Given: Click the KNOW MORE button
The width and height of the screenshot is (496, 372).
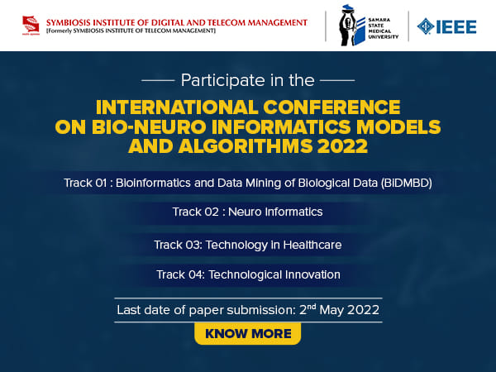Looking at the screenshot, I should click(247, 334).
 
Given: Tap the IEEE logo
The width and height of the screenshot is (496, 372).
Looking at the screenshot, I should click(447, 26).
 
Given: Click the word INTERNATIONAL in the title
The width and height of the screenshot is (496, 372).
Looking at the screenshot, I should click(182, 107).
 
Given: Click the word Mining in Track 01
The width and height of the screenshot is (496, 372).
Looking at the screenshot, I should click(265, 182).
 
